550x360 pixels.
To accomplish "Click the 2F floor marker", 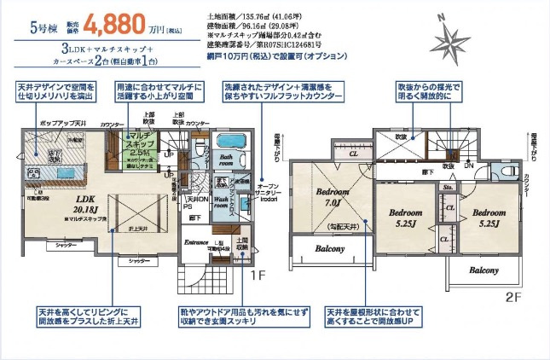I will [512, 297].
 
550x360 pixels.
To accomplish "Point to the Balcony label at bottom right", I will [483, 270].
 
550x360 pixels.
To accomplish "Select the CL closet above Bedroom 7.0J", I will [353, 154].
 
